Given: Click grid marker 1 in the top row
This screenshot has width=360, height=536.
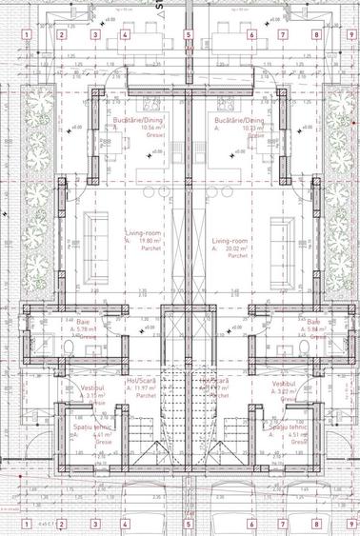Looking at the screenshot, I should coord(27,36).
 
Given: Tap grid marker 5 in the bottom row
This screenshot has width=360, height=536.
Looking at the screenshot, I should coord(189,523).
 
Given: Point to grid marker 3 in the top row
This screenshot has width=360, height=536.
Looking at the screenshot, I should coord(94,36).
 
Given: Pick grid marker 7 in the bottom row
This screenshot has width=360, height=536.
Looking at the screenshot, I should coord(284,523).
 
